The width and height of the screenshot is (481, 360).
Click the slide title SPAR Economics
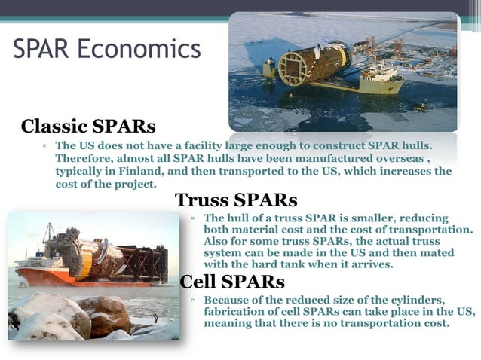tap(107, 49)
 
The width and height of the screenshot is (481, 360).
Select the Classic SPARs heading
tap(88, 125)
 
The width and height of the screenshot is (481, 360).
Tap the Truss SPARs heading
tap(236, 200)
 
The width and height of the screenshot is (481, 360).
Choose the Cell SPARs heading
tap(232, 282)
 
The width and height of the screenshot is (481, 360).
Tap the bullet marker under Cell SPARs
tap(194, 301)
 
